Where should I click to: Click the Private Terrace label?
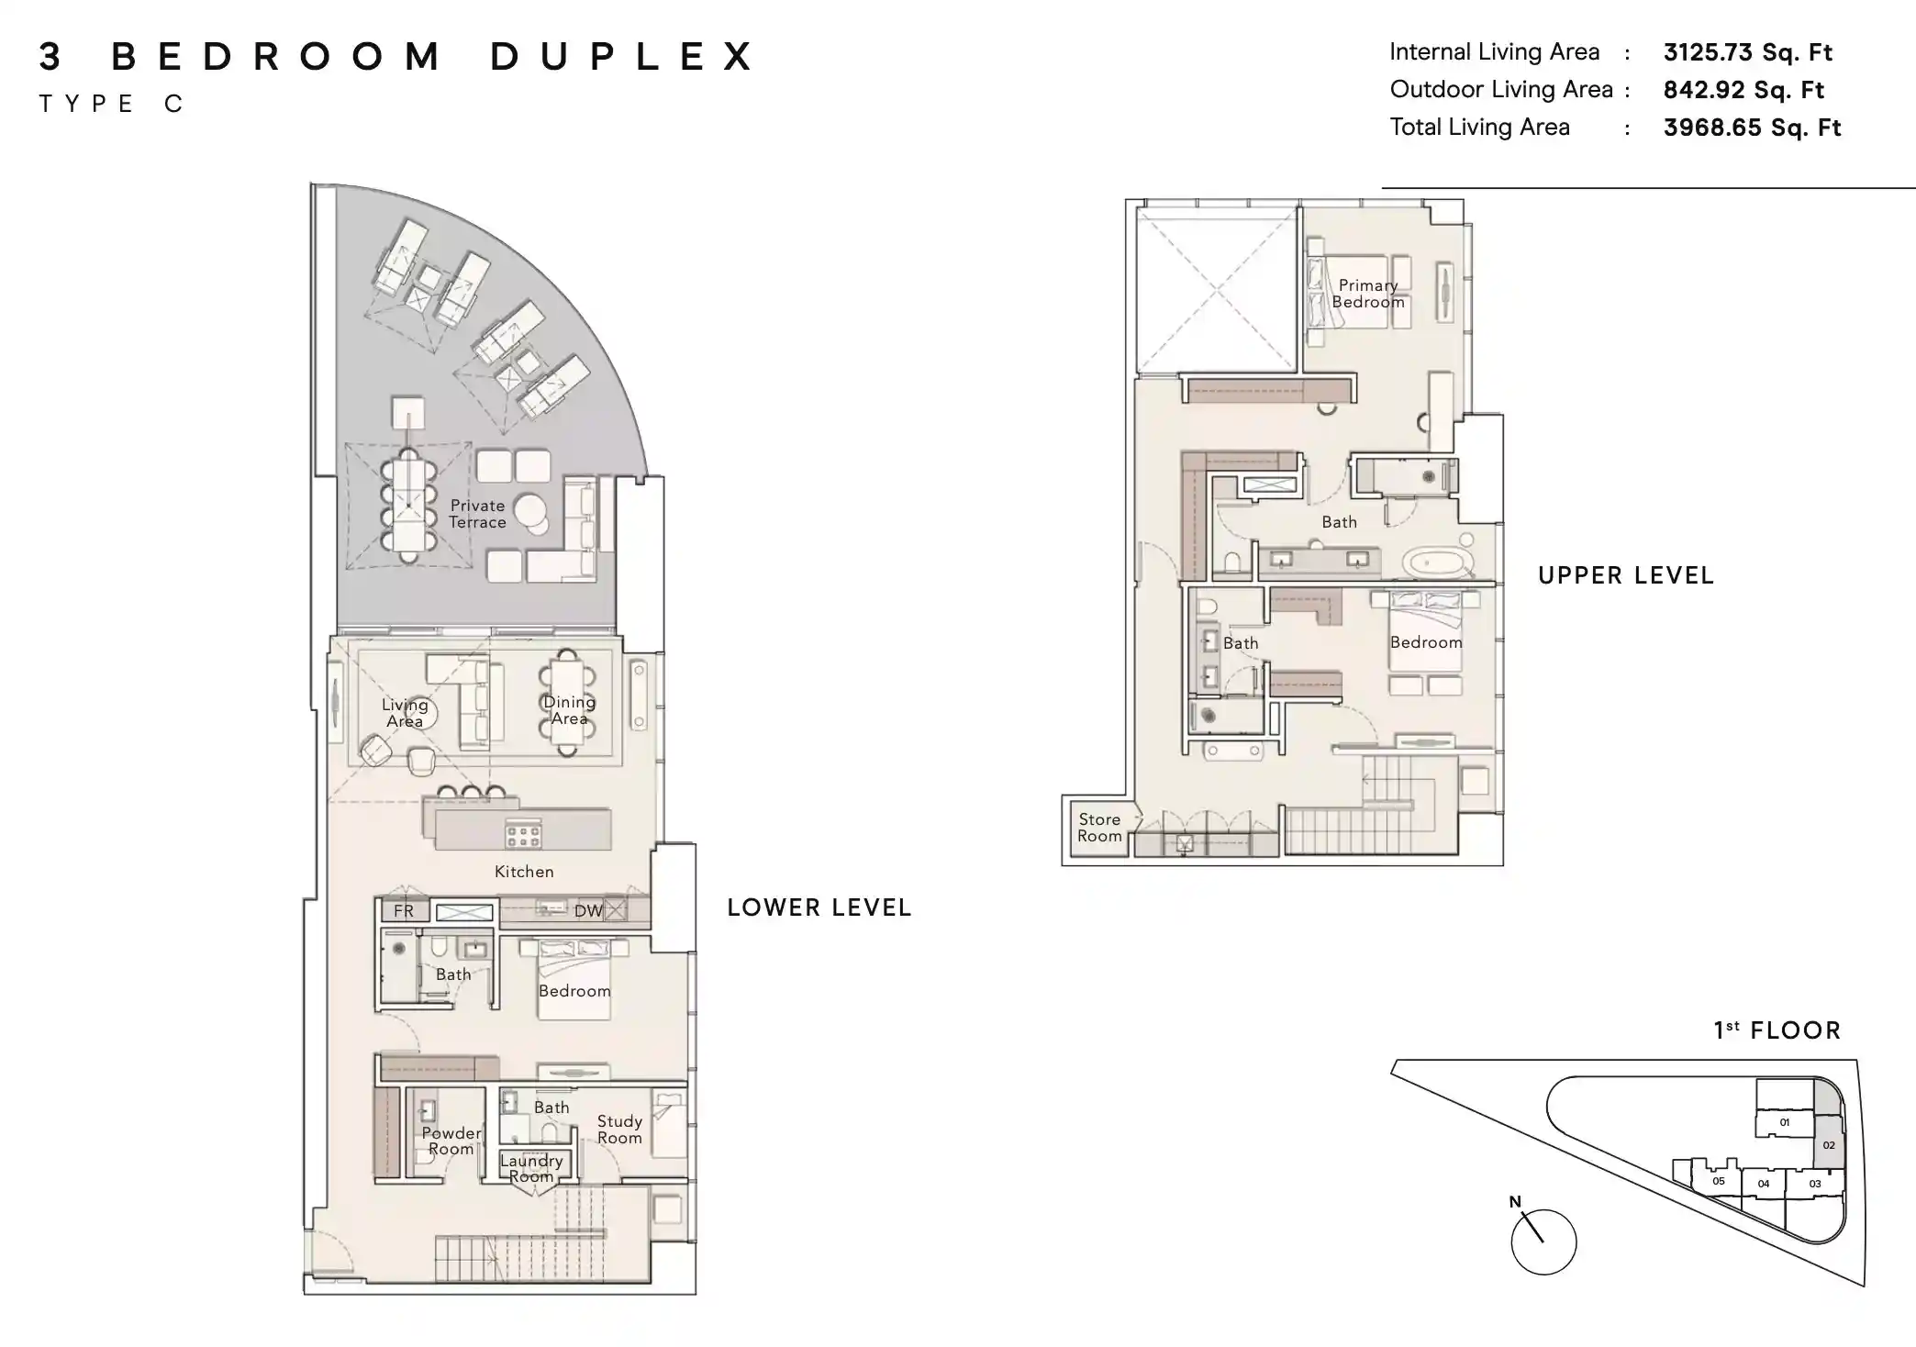477,514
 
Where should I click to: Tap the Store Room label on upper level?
1099,828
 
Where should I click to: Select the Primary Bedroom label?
1367,294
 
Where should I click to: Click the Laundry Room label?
531,1168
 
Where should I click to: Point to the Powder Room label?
451,1141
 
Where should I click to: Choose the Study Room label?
619,1130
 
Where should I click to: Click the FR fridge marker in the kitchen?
404,911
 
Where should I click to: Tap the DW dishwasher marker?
588,911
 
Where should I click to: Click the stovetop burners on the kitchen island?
523,835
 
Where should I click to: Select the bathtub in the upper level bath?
1438,561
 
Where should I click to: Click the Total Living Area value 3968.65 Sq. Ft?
1751,128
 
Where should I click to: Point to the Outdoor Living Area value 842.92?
1743,90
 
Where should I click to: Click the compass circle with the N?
1543,1241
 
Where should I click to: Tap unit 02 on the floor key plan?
1828,1145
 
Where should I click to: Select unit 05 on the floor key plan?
1718,1182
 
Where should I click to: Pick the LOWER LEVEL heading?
819,907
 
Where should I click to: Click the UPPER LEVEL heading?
1625,575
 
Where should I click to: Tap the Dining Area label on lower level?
569,710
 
